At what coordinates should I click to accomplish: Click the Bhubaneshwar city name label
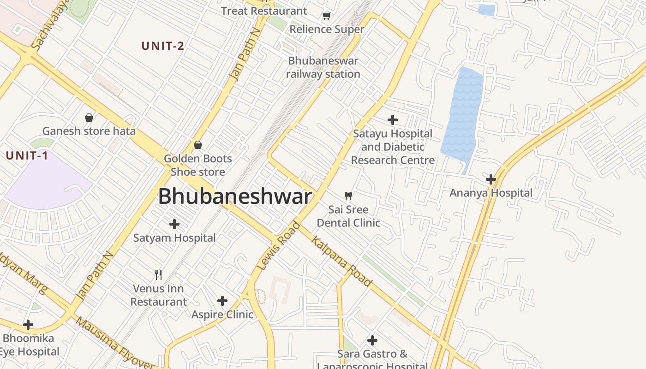235,197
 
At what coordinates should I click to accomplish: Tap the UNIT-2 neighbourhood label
163,46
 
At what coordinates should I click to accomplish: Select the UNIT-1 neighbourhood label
27,156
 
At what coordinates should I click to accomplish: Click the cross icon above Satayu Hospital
393,120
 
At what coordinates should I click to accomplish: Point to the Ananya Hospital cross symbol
491,179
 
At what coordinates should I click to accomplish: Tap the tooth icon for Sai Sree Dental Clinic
348,196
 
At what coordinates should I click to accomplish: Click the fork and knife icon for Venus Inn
158,275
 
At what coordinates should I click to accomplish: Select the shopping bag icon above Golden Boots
198,145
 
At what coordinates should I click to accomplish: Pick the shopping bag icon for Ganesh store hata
89,118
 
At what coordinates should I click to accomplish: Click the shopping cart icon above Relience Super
327,16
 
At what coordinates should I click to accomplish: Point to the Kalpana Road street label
341,261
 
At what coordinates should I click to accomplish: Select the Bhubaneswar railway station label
323,67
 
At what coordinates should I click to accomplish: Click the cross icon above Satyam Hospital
174,224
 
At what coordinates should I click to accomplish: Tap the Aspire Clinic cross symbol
222,301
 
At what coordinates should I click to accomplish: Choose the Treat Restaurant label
264,11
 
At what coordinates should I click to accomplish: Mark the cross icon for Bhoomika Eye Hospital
28,325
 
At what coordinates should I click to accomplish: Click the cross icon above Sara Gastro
372,340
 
